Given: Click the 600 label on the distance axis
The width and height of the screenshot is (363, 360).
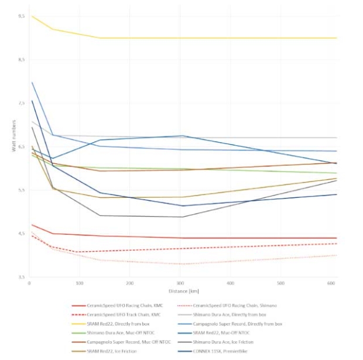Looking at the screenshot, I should point(331,283).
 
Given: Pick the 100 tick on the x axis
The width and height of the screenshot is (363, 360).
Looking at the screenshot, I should point(79,283).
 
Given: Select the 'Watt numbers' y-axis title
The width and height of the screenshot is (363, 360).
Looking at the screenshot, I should point(12,140).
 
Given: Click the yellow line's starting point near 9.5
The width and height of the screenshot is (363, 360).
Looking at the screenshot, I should point(32,16).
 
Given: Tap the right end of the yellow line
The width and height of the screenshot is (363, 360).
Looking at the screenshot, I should point(337,38).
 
